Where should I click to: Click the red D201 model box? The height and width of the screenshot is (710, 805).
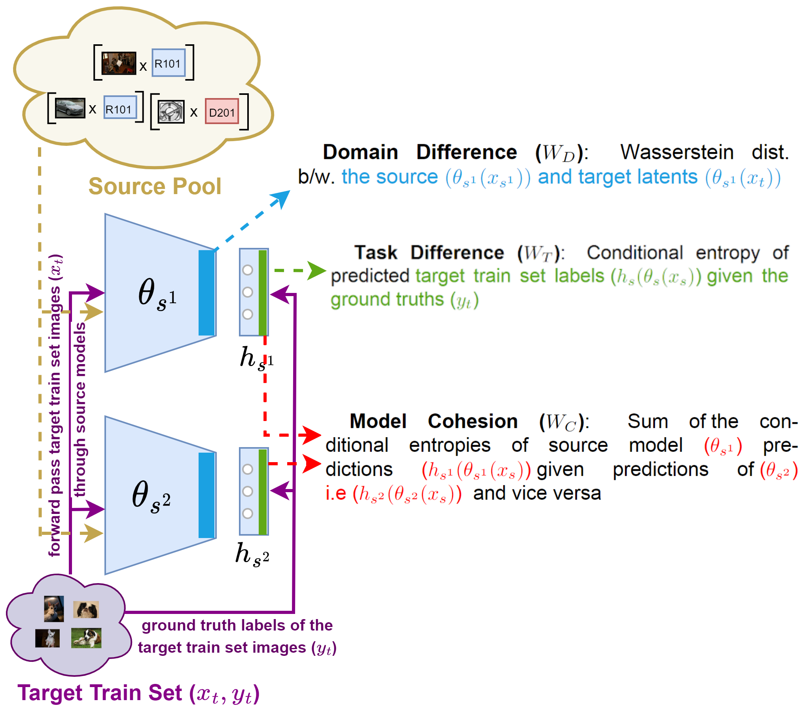[x=222, y=111]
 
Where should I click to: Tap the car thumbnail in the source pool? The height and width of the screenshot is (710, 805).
[x=70, y=108]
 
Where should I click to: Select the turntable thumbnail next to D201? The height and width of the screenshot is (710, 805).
[x=171, y=111]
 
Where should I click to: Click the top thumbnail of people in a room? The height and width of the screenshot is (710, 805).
[x=118, y=63]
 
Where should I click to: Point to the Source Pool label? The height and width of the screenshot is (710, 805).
[x=155, y=186]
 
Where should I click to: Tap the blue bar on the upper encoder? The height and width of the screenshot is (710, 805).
[x=206, y=293]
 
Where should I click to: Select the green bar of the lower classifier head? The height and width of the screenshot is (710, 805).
[x=262, y=491]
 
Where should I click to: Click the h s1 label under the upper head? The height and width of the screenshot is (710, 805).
[x=256, y=358]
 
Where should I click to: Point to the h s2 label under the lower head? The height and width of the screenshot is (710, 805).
[x=252, y=554]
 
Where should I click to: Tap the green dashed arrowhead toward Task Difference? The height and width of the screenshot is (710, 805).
[x=317, y=271]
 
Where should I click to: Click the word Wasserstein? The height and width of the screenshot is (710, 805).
[x=677, y=152]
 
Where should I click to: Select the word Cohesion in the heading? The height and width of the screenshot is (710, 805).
[x=473, y=421]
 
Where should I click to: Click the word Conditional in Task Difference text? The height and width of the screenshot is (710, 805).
[x=635, y=253]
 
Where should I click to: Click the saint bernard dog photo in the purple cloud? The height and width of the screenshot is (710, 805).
[x=86, y=638]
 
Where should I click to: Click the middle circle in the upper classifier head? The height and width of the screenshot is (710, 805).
[x=248, y=292]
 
